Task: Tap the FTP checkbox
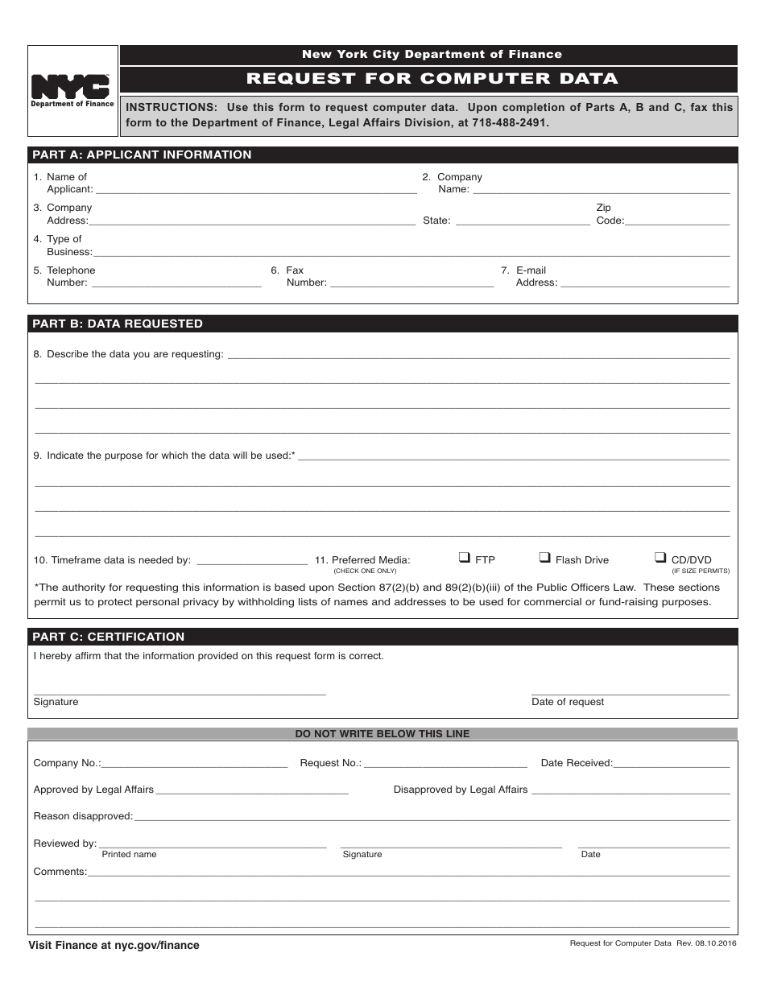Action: (x=465, y=557)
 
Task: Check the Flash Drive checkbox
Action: (x=545, y=557)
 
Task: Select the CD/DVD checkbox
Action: (x=661, y=557)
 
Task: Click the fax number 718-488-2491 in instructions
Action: (x=511, y=123)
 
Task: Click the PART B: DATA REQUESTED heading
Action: (x=118, y=324)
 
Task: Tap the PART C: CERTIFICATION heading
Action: (x=109, y=637)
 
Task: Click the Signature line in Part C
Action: (x=180, y=692)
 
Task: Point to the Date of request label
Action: (x=568, y=702)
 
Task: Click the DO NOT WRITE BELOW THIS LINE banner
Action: (x=382, y=734)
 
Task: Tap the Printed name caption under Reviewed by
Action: (x=130, y=855)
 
